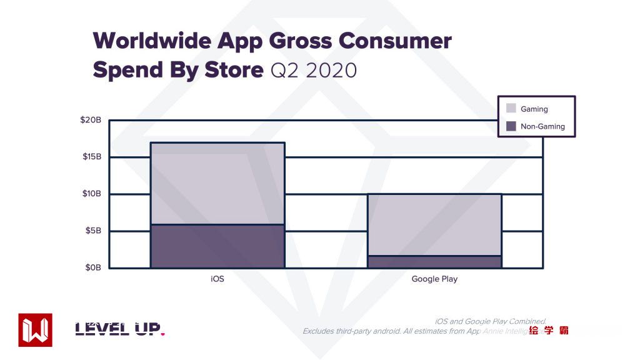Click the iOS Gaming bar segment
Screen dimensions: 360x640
click(217, 183)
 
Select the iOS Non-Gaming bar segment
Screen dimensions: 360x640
click(217, 246)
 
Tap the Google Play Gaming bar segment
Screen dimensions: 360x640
click(434, 224)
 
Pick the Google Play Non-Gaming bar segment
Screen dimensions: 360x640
click(434, 262)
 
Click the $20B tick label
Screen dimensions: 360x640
click(91, 120)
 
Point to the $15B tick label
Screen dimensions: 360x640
click(91, 156)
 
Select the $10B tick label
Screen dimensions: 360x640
click(91, 194)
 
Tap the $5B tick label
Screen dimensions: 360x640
click(92, 231)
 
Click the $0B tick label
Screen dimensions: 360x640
click(92, 267)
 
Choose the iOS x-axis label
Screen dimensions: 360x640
click(217, 279)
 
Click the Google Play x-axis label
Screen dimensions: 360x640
click(434, 279)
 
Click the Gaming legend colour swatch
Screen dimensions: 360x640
click(511, 109)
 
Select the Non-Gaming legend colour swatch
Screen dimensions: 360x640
click(511, 126)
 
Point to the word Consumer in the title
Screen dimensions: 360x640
click(394, 41)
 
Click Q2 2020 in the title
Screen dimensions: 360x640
click(313, 70)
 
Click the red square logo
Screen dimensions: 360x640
click(36, 330)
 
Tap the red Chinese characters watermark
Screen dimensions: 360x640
click(548, 331)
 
